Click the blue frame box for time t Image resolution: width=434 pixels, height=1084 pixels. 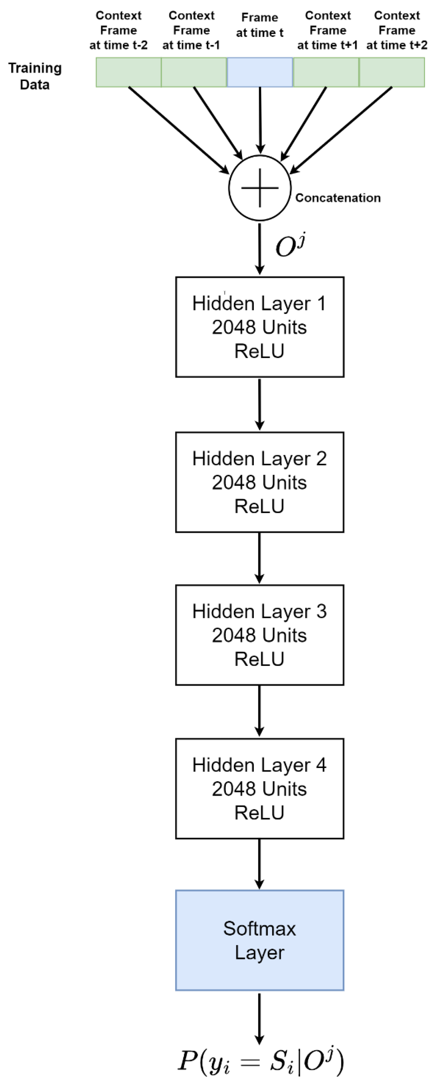[x=260, y=72]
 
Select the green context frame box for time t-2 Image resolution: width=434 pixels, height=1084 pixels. [x=128, y=72]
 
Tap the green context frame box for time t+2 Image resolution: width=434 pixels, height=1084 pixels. [x=392, y=72]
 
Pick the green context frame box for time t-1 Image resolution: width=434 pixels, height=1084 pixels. [x=194, y=72]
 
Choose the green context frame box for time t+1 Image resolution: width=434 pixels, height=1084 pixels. [x=326, y=72]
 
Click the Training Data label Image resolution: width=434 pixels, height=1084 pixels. [x=35, y=76]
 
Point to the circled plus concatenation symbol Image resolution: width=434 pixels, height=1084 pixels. [x=260, y=188]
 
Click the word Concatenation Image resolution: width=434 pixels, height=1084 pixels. [x=338, y=198]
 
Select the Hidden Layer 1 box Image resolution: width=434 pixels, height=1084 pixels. [x=259, y=327]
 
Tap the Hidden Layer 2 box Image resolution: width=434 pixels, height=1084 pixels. [x=259, y=482]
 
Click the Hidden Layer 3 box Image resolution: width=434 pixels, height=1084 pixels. [x=259, y=635]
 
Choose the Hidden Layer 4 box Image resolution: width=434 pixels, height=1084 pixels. [x=259, y=789]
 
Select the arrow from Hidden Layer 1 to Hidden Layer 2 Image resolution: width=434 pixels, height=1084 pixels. [x=259, y=404]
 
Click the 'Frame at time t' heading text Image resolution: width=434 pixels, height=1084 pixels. [x=259, y=25]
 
